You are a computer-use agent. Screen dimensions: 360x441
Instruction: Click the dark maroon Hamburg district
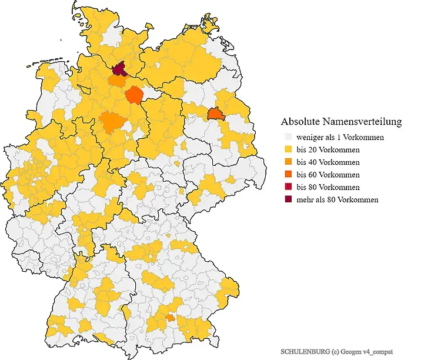[x=119, y=70]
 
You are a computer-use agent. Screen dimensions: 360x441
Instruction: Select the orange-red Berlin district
[x=216, y=114]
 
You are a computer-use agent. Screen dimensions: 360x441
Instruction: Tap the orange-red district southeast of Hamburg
[x=135, y=95]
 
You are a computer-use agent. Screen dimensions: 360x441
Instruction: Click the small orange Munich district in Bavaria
[x=169, y=318]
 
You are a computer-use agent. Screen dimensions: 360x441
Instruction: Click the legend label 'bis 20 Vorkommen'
[x=328, y=149]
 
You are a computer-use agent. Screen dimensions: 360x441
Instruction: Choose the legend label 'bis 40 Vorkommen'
[x=328, y=162]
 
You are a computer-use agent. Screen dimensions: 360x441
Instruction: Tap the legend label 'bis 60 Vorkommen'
[x=328, y=175]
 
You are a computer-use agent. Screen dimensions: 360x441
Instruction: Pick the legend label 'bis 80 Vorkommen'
[x=328, y=187]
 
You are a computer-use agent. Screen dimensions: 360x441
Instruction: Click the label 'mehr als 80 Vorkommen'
[x=337, y=199]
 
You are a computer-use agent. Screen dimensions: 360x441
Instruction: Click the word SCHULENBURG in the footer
[x=304, y=351]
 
